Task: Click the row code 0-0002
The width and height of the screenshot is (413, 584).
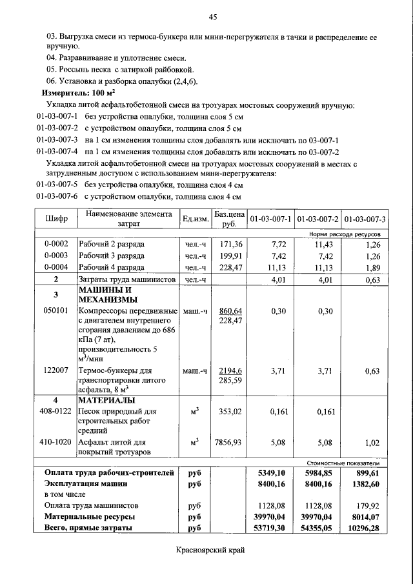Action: pos(56,245)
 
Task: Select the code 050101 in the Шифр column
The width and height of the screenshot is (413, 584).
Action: pos(56,311)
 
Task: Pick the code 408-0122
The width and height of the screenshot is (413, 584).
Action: pos(56,410)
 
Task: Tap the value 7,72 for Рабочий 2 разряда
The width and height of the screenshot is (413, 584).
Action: pos(278,245)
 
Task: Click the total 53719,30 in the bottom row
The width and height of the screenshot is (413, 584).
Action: pos(272,528)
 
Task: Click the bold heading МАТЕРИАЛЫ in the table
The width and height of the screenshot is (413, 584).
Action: pos(106,399)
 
